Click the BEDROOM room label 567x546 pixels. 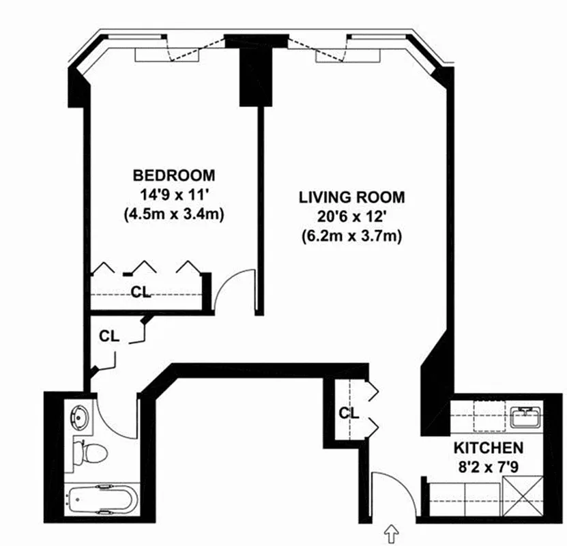pyautogui.click(x=173, y=175)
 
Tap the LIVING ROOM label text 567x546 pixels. pyautogui.click(x=351, y=197)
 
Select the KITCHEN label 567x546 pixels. pyautogui.click(x=489, y=448)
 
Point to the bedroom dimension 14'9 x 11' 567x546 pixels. pyautogui.click(x=173, y=194)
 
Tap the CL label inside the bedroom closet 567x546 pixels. pyautogui.click(x=141, y=292)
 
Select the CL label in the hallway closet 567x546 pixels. pyautogui.click(x=109, y=336)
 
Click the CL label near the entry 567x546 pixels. pyautogui.click(x=349, y=413)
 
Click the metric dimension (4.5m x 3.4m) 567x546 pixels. pyautogui.click(x=173, y=214)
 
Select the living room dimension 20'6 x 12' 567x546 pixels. pyautogui.click(x=351, y=217)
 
